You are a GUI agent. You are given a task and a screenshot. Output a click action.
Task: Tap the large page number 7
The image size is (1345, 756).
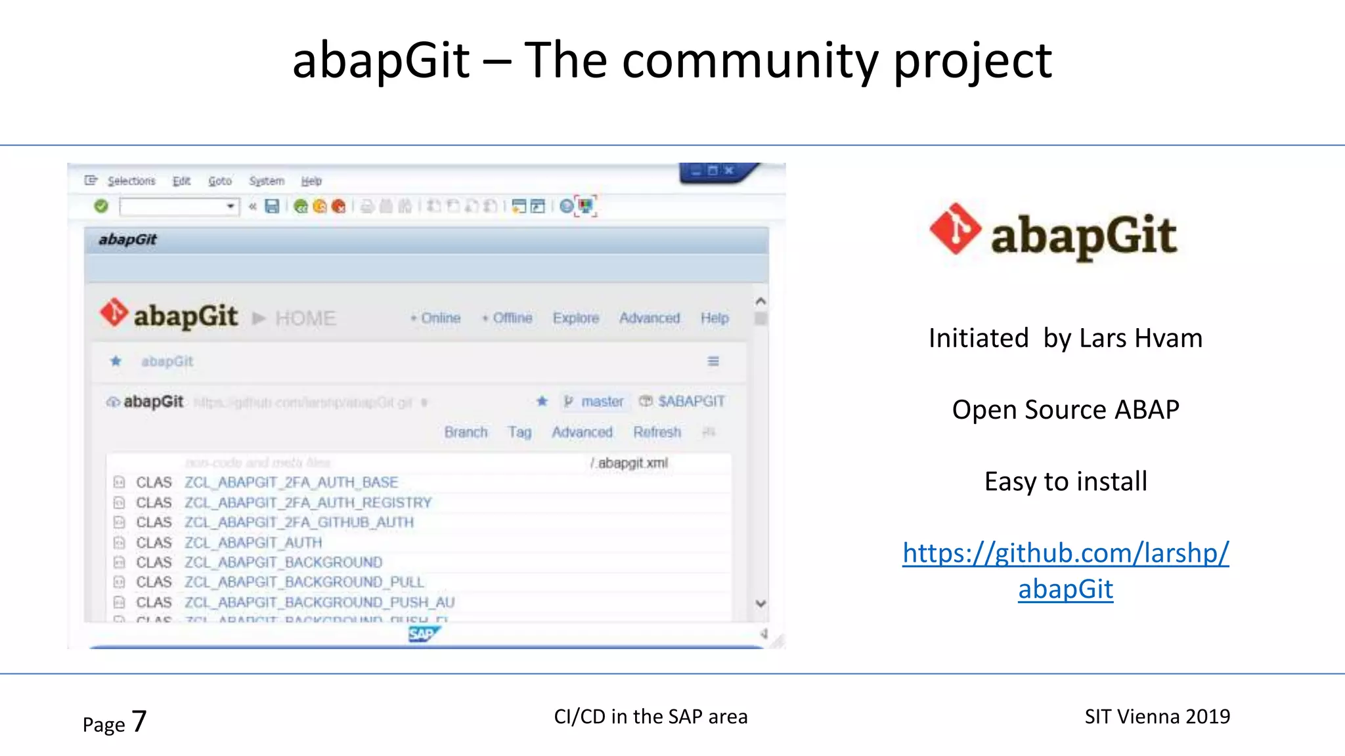click(x=139, y=721)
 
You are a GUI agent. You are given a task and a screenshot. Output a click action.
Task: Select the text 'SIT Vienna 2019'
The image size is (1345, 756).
click(x=1157, y=717)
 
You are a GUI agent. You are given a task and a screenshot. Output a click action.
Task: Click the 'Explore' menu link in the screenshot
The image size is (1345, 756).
click(x=576, y=318)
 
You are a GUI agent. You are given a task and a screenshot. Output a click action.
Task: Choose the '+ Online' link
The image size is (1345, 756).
click(x=436, y=318)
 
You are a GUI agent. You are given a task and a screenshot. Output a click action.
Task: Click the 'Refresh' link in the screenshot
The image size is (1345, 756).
click(x=657, y=432)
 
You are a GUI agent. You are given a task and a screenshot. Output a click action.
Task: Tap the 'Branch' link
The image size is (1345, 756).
click(x=466, y=432)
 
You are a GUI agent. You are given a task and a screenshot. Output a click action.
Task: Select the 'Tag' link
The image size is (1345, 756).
click(x=519, y=432)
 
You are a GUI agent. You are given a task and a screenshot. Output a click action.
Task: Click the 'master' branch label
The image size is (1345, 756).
click(x=602, y=402)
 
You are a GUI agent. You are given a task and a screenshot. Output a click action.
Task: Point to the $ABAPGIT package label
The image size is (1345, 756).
click(x=691, y=402)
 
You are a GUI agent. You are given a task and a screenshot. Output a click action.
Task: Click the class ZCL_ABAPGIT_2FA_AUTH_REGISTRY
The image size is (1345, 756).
click(x=308, y=503)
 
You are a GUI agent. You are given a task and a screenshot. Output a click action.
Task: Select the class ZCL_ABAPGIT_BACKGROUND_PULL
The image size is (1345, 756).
click(x=304, y=582)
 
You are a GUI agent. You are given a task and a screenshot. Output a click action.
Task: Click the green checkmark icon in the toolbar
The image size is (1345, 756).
click(x=101, y=207)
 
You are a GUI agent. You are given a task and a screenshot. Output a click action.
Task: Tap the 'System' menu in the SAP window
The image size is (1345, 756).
click(x=267, y=181)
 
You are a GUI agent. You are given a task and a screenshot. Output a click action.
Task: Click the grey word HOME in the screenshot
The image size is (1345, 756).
click(x=305, y=319)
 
